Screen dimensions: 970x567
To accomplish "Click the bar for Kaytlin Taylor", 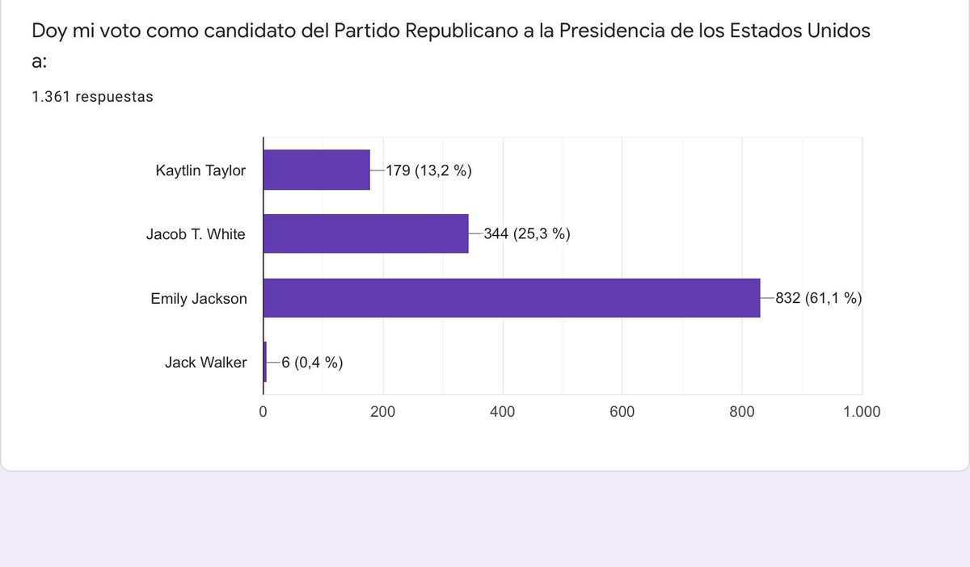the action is [317, 170].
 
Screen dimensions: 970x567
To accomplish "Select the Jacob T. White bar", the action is [366, 233].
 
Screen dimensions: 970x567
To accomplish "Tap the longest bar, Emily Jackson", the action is [512, 298].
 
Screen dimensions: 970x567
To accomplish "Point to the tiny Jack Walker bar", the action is [265, 362].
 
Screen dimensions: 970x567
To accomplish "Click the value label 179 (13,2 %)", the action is [428, 170].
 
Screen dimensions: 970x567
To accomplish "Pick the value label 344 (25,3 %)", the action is [527, 233].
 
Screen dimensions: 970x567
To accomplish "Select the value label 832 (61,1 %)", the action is [818, 298].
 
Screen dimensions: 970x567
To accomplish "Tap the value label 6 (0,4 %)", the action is [312, 363].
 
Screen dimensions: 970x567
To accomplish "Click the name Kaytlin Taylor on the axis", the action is [200, 170].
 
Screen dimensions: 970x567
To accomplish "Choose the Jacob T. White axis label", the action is [196, 234].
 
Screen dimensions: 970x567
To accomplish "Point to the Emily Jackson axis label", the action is [199, 299].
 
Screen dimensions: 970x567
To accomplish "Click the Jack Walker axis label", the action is [205, 363].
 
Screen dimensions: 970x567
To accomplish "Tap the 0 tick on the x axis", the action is [263, 412].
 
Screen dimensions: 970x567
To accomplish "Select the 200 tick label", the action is [383, 412].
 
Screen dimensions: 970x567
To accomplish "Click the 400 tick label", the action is [502, 412].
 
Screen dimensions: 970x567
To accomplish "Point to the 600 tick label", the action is [622, 412].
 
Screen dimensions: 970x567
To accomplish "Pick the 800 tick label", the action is [742, 412].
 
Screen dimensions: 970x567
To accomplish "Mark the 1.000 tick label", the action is [862, 412].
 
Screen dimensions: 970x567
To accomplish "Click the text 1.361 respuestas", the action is [92, 97].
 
